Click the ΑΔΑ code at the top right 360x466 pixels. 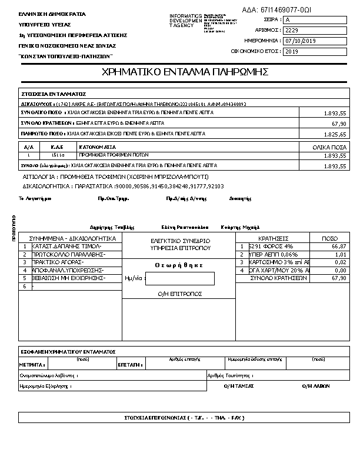[x=277, y=10]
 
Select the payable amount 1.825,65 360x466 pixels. [x=335, y=135]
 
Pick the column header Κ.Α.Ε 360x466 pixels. [x=57, y=147]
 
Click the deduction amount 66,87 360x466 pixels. [x=339, y=247]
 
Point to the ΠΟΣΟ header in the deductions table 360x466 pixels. [x=330, y=238]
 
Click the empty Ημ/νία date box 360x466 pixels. [x=179, y=279]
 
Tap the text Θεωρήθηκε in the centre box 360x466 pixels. [x=179, y=265]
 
